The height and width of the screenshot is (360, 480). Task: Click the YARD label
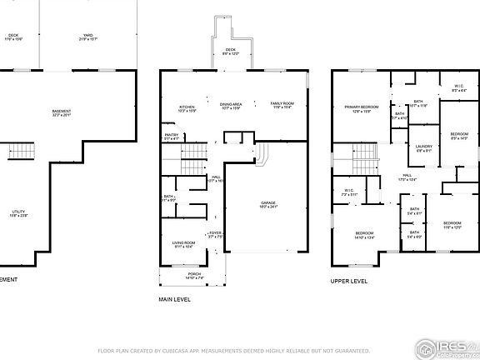coord(87,36)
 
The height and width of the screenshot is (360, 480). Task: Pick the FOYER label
coord(215,234)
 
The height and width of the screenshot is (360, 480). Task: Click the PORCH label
coord(194,274)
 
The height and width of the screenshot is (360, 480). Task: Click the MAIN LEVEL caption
coord(174,298)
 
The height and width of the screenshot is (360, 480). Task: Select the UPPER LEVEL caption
coord(348,281)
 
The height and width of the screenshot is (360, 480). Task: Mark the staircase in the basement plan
coord(20,153)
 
